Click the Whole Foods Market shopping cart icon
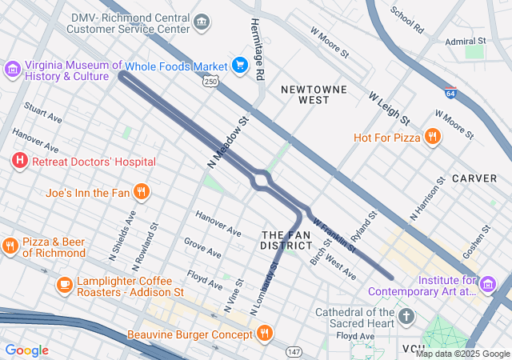pos(239,65)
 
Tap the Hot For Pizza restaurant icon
pos(432,137)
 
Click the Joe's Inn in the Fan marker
pos(141,192)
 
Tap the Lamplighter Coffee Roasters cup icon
pos(64,283)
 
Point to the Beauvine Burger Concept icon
pos(265,332)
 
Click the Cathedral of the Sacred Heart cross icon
pos(406,316)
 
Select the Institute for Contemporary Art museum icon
pos(488,283)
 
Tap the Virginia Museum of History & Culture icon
pos(12,70)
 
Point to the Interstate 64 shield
pos(451,93)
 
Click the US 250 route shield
pos(210,82)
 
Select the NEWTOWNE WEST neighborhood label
pos(303,94)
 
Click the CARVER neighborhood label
pos(474,178)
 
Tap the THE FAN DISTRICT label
pos(286,239)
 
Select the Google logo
pos(26,350)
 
